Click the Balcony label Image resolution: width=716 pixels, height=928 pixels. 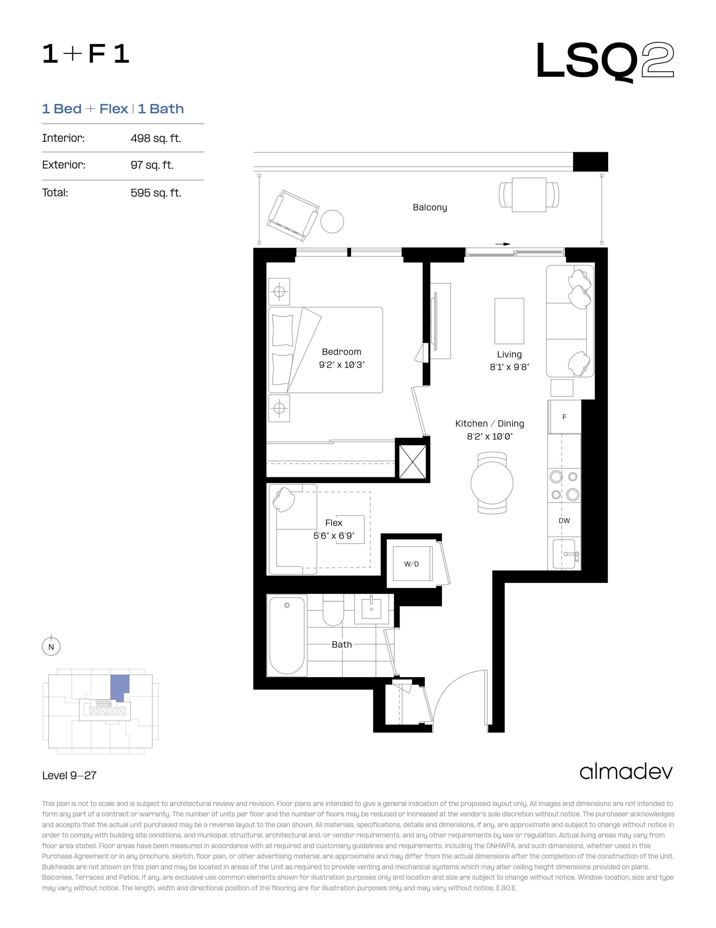coord(430,207)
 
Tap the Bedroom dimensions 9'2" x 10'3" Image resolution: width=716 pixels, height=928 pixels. coord(342,365)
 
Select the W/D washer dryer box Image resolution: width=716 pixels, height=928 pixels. coord(412,564)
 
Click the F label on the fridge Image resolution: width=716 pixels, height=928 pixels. coord(564,417)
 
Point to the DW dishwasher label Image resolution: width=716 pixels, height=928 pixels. coord(564,521)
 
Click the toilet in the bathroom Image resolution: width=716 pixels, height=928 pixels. coord(333,610)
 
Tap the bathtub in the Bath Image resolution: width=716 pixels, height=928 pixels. coord(287,635)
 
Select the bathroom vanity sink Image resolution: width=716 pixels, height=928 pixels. coord(371,609)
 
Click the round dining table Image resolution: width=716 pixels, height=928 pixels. coord(492,483)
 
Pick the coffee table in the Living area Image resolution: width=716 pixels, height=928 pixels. coord(509,321)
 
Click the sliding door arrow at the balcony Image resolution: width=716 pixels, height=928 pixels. coord(502,244)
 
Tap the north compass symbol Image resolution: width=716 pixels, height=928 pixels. coord(51,647)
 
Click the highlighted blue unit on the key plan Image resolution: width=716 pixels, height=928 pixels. coord(119,688)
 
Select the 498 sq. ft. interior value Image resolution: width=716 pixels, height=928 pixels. coord(156,138)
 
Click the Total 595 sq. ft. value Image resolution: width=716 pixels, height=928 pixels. coord(156,193)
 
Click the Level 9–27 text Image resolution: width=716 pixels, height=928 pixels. coord(69,775)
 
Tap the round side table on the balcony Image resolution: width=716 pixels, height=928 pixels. coord(332,221)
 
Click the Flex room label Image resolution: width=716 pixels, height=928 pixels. coord(334,523)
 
